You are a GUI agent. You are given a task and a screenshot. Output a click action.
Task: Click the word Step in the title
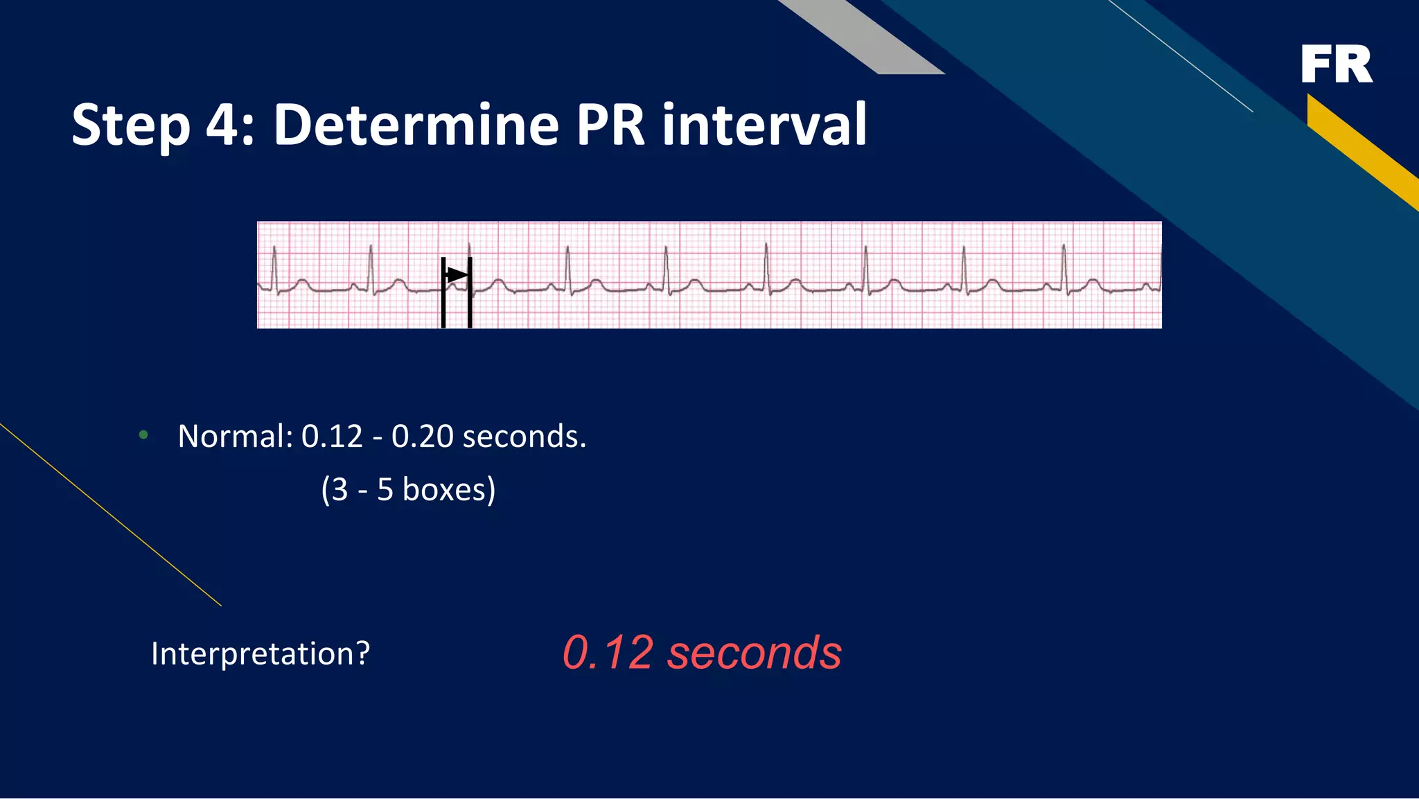click(130, 126)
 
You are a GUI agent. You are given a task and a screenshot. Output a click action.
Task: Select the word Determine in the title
click(416, 125)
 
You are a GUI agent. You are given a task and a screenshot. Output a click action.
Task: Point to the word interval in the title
click(764, 125)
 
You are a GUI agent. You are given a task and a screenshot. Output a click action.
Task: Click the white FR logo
click(1336, 64)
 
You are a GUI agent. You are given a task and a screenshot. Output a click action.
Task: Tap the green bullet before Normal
click(143, 435)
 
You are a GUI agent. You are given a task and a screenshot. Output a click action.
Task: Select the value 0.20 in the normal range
click(422, 437)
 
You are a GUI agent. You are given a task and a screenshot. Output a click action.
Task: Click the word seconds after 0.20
click(524, 437)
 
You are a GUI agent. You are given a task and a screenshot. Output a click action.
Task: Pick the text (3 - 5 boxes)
click(408, 490)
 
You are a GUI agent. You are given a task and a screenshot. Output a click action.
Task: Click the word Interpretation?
click(261, 653)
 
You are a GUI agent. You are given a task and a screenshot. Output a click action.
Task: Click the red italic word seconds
click(754, 653)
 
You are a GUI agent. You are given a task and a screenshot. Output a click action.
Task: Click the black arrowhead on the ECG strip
click(457, 275)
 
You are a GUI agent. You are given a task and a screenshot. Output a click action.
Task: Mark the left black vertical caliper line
click(443, 292)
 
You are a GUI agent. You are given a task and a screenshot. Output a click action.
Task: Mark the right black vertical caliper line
click(470, 292)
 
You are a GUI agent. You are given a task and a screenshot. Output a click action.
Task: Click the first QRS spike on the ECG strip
click(275, 267)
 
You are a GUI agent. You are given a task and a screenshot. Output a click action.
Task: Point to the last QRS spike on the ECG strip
click(1064, 267)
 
